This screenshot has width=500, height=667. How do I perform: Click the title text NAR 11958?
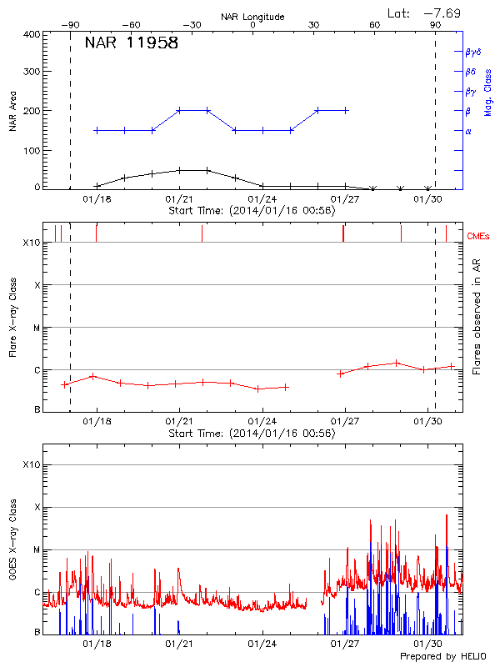point(132,43)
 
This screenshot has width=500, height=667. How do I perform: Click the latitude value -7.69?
point(443,13)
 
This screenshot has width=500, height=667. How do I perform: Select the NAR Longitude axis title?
point(252,17)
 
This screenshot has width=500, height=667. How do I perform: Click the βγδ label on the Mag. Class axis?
point(473,52)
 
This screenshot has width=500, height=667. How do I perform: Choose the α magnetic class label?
point(467,131)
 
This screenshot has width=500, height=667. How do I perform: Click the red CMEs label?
point(479,237)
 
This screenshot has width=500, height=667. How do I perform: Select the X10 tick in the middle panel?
point(31,243)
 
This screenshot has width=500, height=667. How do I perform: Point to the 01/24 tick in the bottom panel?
point(262,644)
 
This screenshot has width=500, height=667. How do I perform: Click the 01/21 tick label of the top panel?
point(180,199)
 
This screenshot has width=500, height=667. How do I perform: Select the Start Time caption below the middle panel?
point(252,434)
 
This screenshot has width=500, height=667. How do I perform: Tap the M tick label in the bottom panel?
point(37,549)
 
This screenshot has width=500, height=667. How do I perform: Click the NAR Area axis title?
point(12,113)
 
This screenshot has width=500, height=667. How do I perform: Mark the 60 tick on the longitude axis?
point(375,25)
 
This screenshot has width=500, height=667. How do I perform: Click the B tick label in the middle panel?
point(37,410)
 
